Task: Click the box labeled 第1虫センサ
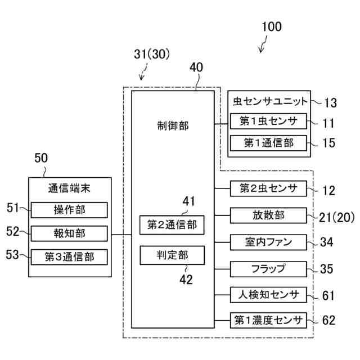pyautogui.click(x=268, y=121)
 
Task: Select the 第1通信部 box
pyautogui.click(x=268, y=143)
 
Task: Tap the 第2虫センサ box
pyautogui.click(x=268, y=188)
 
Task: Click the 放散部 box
pyautogui.click(x=268, y=215)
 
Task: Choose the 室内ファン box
pyautogui.click(x=268, y=242)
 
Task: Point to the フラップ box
pyautogui.click(x=268, y=269)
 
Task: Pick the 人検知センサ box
pyautogui.click(x=268, y=295)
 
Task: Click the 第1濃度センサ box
pyautogui.click(x=268, y=320)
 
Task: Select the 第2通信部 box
pyautogui.click(x=172, y=225)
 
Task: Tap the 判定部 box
pyautogui.click(x=172, y=255)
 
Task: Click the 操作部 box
pyautogui.click(x=69, y=210)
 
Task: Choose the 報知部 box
pyautogui.click(x=69, y=233)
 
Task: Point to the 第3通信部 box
pyautogui.click(x=69, y=257)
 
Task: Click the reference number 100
pyautogui.click(x=272, y=26)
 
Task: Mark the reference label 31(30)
pyautogui.click(x=152, y=55)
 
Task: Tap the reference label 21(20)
pyautogui.click(x=337, y=217)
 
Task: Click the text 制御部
pyautogui.click(x=173, y=126)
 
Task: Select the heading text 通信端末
pyautogui.click(x=69, y=189)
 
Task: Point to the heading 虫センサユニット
pyautogui.click(x=270, y=101)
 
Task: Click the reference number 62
pyautogui.click(x=328, y=320)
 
